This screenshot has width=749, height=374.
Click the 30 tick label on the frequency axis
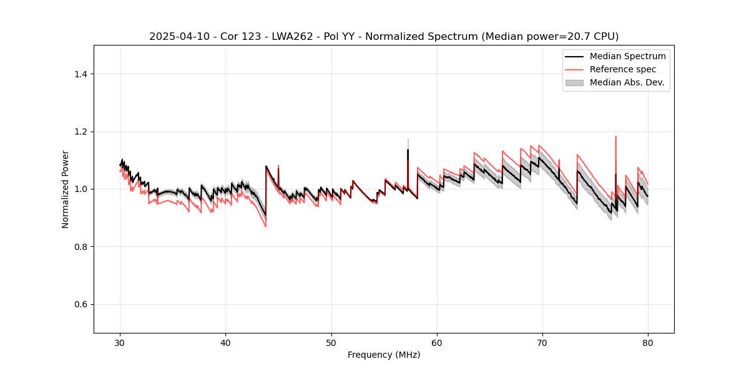120,343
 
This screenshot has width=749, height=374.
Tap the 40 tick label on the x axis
226,343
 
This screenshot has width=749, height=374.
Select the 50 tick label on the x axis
331,343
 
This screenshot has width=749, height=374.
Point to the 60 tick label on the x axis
437,343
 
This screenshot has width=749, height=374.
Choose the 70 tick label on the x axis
542,343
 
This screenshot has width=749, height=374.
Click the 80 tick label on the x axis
648,343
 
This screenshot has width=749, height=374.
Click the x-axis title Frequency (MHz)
384,355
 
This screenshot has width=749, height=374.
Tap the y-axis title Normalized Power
66,189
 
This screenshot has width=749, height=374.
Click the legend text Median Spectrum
627,56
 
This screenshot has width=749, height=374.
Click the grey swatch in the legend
574,82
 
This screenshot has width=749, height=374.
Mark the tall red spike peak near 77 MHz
616,137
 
